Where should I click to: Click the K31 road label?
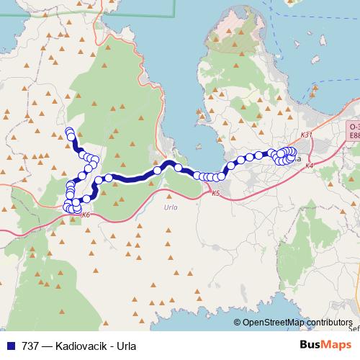point(306,135)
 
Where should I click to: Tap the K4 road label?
point(309,166)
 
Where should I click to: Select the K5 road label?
point(215,193)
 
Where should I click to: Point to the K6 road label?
point(86,215)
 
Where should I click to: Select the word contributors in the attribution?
point(332,322)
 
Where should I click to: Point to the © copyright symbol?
point(237,322)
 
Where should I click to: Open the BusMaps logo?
point(326,345)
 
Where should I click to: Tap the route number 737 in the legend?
point(30,345)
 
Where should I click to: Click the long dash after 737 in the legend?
point(47,345)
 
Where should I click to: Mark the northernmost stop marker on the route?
point(69,131)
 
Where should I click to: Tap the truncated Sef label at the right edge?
point(354,328)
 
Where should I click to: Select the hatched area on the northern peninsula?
point(234,29)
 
